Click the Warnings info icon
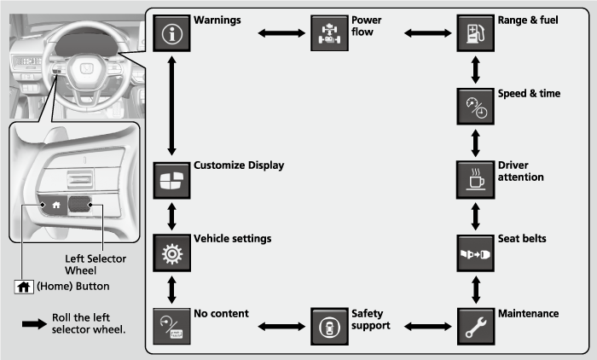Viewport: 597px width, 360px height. (x=172, y=33)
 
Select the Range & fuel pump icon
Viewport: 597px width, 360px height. (x=474, y=33)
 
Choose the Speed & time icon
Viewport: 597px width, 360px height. (x=474, y=106)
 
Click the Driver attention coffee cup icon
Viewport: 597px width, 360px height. (x=474, y=177)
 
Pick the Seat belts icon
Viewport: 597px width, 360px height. (x=474, y=253)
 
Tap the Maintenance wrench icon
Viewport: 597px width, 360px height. (x=474, y=325)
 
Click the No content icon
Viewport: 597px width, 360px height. (x=172, y=325)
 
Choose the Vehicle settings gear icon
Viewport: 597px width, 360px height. (x=172, y=253)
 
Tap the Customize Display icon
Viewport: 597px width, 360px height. (x=172, y=177)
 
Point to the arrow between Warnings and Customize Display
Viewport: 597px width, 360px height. (x=172, y=105)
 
